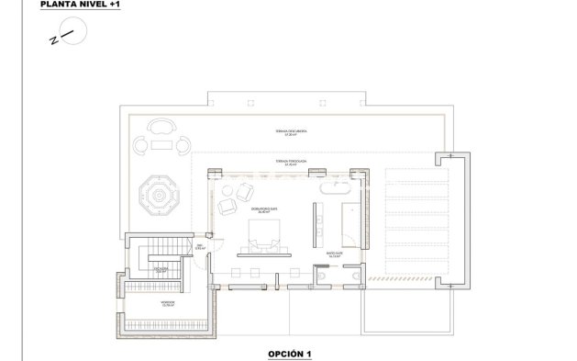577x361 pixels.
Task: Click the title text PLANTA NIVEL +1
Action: coord(81,6)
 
